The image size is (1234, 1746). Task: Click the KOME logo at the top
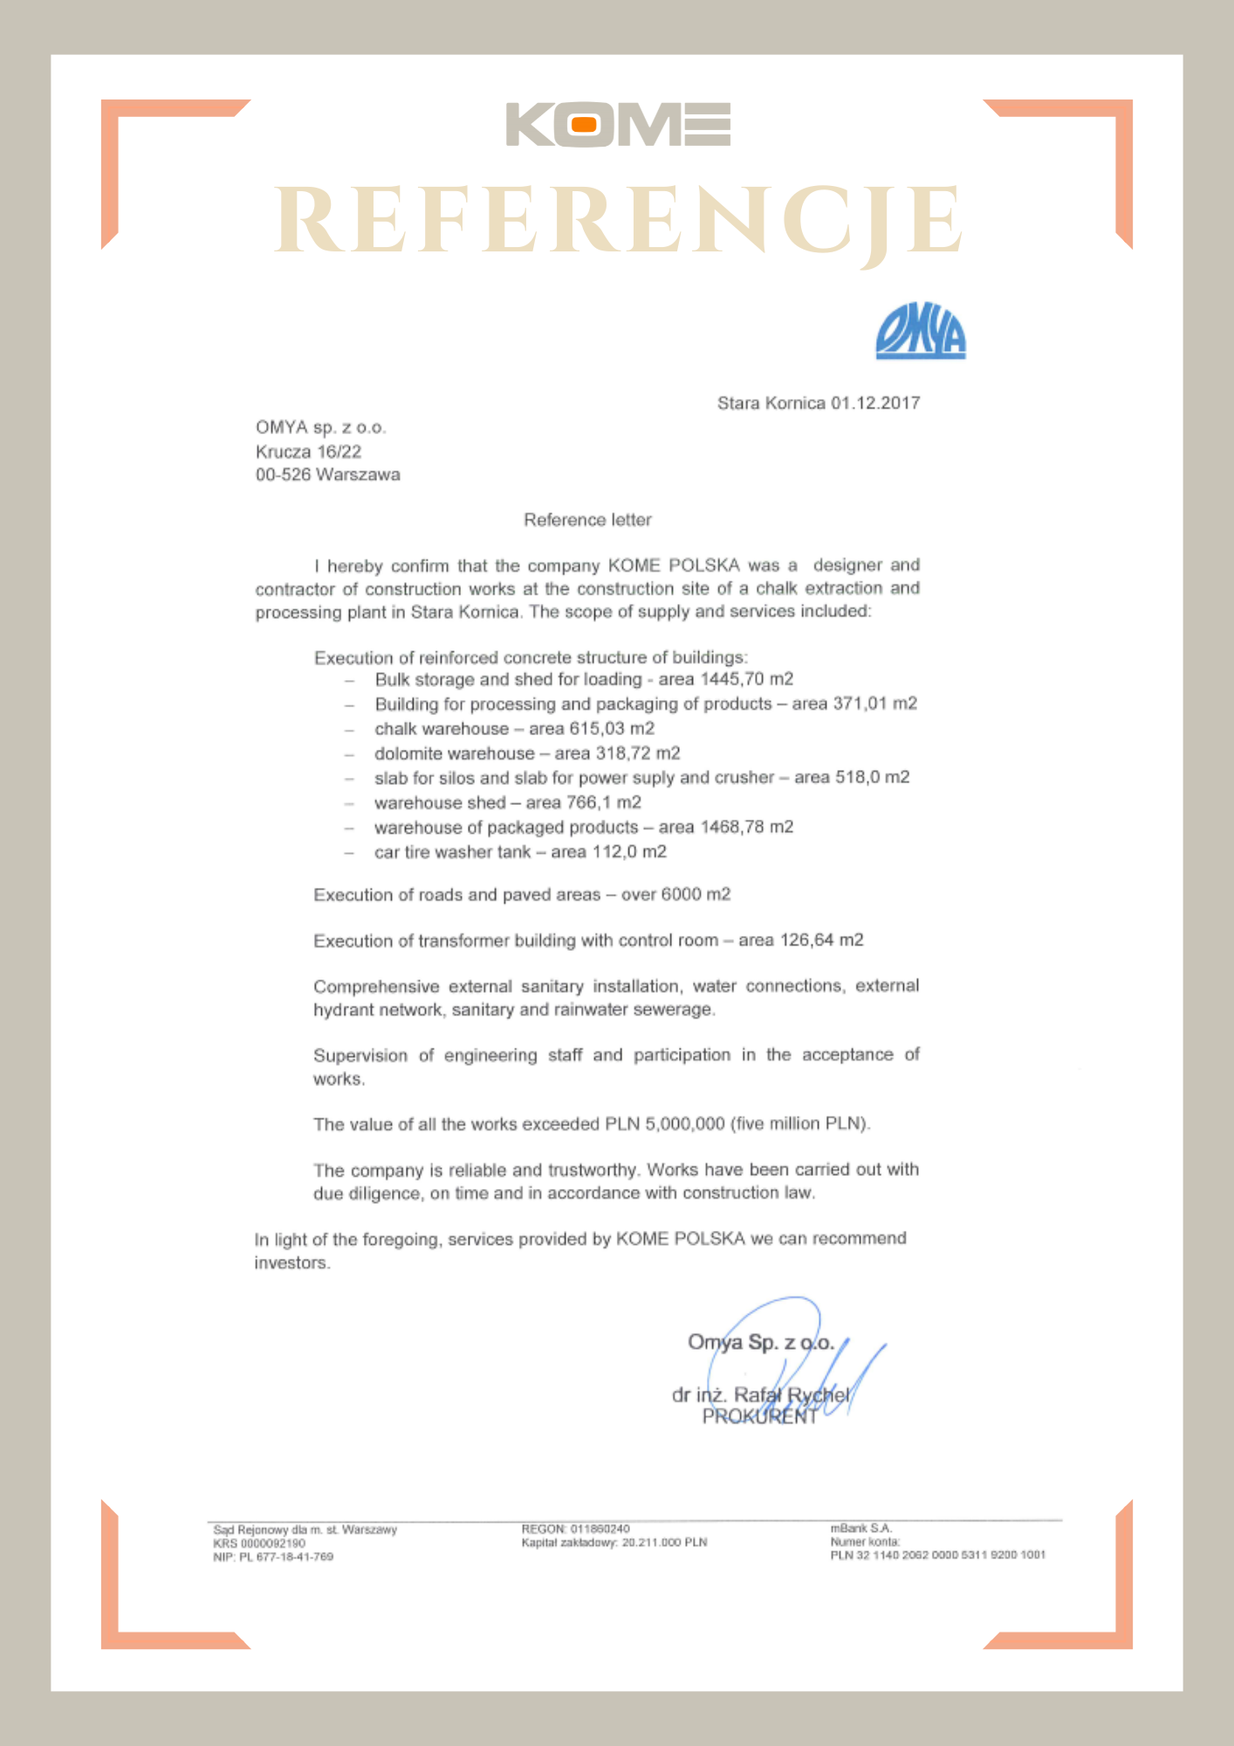click(x=618, y=125)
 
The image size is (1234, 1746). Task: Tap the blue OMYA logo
click(x=921, y=332)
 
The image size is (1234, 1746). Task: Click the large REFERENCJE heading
click(x=618, y=222)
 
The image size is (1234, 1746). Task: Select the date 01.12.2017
click(x=875, y=403)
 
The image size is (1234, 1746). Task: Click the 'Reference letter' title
click(x=587, y=520)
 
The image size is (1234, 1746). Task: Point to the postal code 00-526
click(x=283, y=475)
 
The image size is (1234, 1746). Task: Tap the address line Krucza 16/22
click(x=308, y=451)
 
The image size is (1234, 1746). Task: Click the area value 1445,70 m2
click(x=747, y=679)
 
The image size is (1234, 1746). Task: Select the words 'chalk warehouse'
click(x=442, y=729)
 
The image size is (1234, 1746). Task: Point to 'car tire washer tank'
click(x=452, y=852)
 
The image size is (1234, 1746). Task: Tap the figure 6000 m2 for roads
click(x=696, y=895)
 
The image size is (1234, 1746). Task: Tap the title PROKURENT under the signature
click(x=759, y=1417)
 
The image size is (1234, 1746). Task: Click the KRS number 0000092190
click(x=272, y=1543)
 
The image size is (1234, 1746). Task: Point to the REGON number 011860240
click(x=600, y=1529)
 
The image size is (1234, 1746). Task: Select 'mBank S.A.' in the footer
click(x=860, y=1529)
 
